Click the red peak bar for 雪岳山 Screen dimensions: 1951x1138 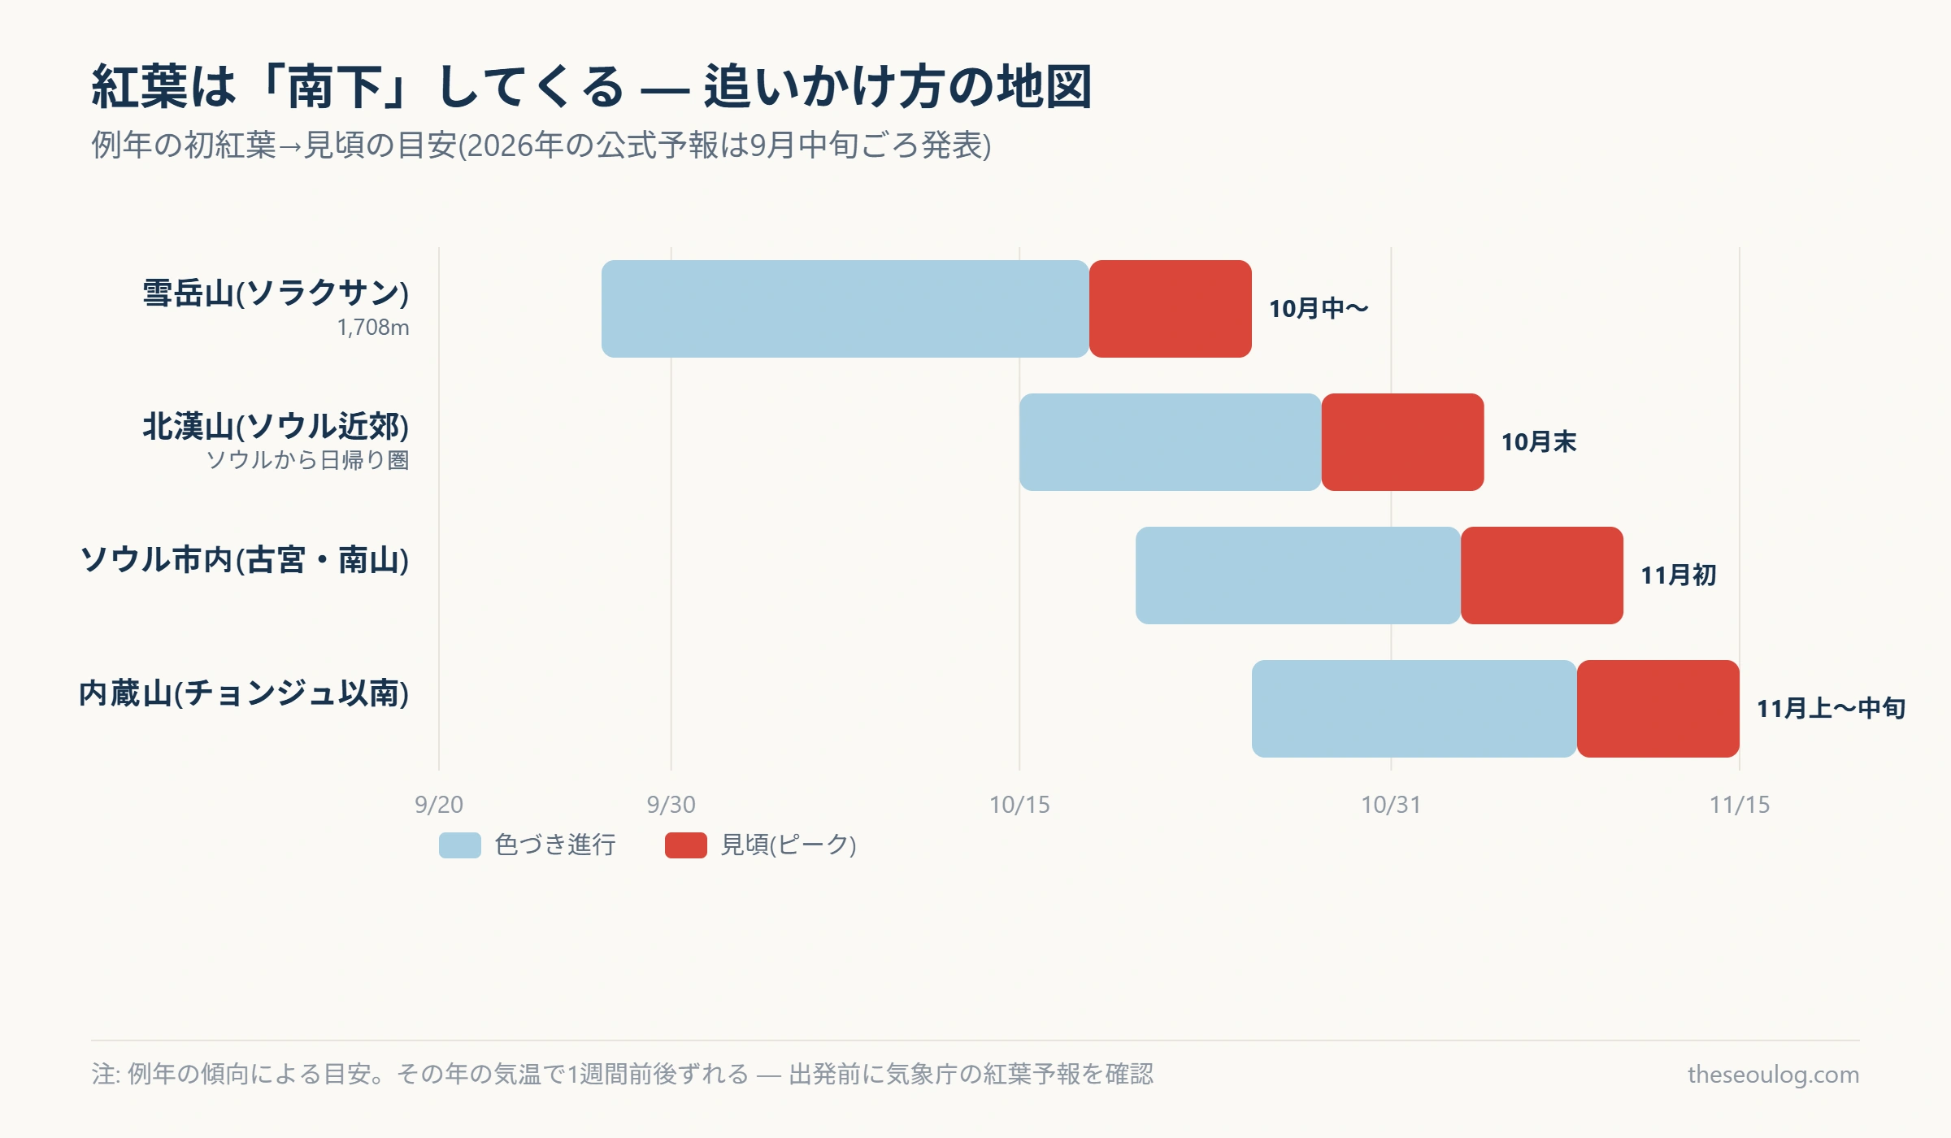pyautogui.click(x=1171, y=309)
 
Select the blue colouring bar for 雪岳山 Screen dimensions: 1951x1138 pyautogui.click(x=845, y=309)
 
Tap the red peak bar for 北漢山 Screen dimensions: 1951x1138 pyautogui.click(x=1403, y=442)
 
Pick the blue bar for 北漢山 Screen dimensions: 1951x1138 pyautogui.click(x=1171, y=442)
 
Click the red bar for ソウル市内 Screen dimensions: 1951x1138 pyautogui.click(x=1542, y=576)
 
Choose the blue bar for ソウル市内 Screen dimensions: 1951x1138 pyautogui.click(x=1298, y=576)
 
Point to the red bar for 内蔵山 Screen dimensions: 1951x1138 pyautogui.click(x=1658, y=709)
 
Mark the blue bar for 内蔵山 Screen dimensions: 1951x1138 pyautogui.click(x=1414, y=709)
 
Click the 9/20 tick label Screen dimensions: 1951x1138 pyautogui.click(x=439, y=805)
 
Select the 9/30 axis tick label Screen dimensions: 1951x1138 pyautogui.click(x=671, y=805)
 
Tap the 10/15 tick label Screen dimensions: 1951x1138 pyautogui.click(x=1019, y=805)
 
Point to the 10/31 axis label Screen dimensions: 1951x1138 pyautogui.click(x=1391, y=805)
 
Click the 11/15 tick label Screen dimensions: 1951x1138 pyautogui.click(x=1740, y=805)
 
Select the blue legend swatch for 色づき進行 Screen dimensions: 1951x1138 pyautogui.click(x=460, y=845)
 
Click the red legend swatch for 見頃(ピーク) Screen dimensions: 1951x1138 pyautogui.click(x=686, y=845)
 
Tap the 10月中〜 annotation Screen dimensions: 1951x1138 pyautogui.click(x=1319, y=309)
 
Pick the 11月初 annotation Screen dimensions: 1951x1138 pyautogui.click(x=1678, y=576)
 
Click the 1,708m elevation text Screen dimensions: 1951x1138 pyautogui.click(x=373, y=328)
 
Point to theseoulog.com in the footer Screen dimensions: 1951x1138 pyautogui.click(x=1773, y=1075)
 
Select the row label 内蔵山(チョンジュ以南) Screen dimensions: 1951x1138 pyautogui.click(x=244, y=693)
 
